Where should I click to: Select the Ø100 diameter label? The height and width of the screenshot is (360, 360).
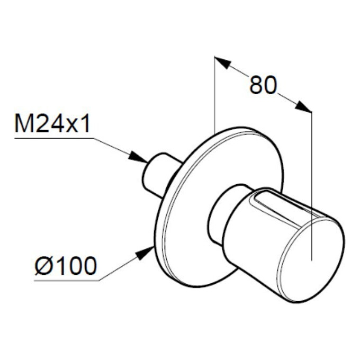click(66, 266)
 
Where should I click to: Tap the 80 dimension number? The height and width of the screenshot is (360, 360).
click(263, 85)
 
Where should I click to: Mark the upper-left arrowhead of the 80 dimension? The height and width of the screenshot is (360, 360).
click(222, 63)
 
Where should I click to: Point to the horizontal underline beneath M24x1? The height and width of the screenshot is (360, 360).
click(53, 138)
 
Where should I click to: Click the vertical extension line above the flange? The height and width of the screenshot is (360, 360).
click(214, 95)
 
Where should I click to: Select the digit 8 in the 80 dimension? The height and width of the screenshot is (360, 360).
click(256, 85)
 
